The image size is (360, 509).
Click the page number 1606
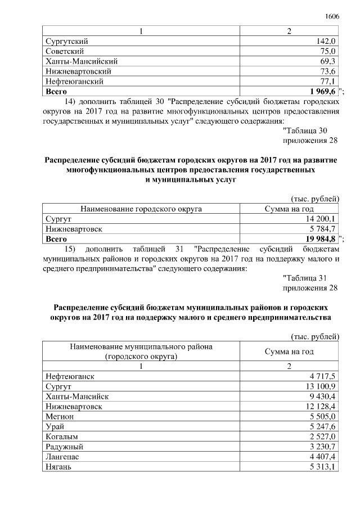tap(332, 17)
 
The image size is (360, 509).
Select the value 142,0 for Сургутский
tap(326, 41)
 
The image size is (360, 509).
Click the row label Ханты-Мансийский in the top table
tap(80, 61)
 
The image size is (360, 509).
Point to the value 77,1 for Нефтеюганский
tap(327, 82)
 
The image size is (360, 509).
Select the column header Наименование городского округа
tap(141, 209)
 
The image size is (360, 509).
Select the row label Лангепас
tap(62, 457)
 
